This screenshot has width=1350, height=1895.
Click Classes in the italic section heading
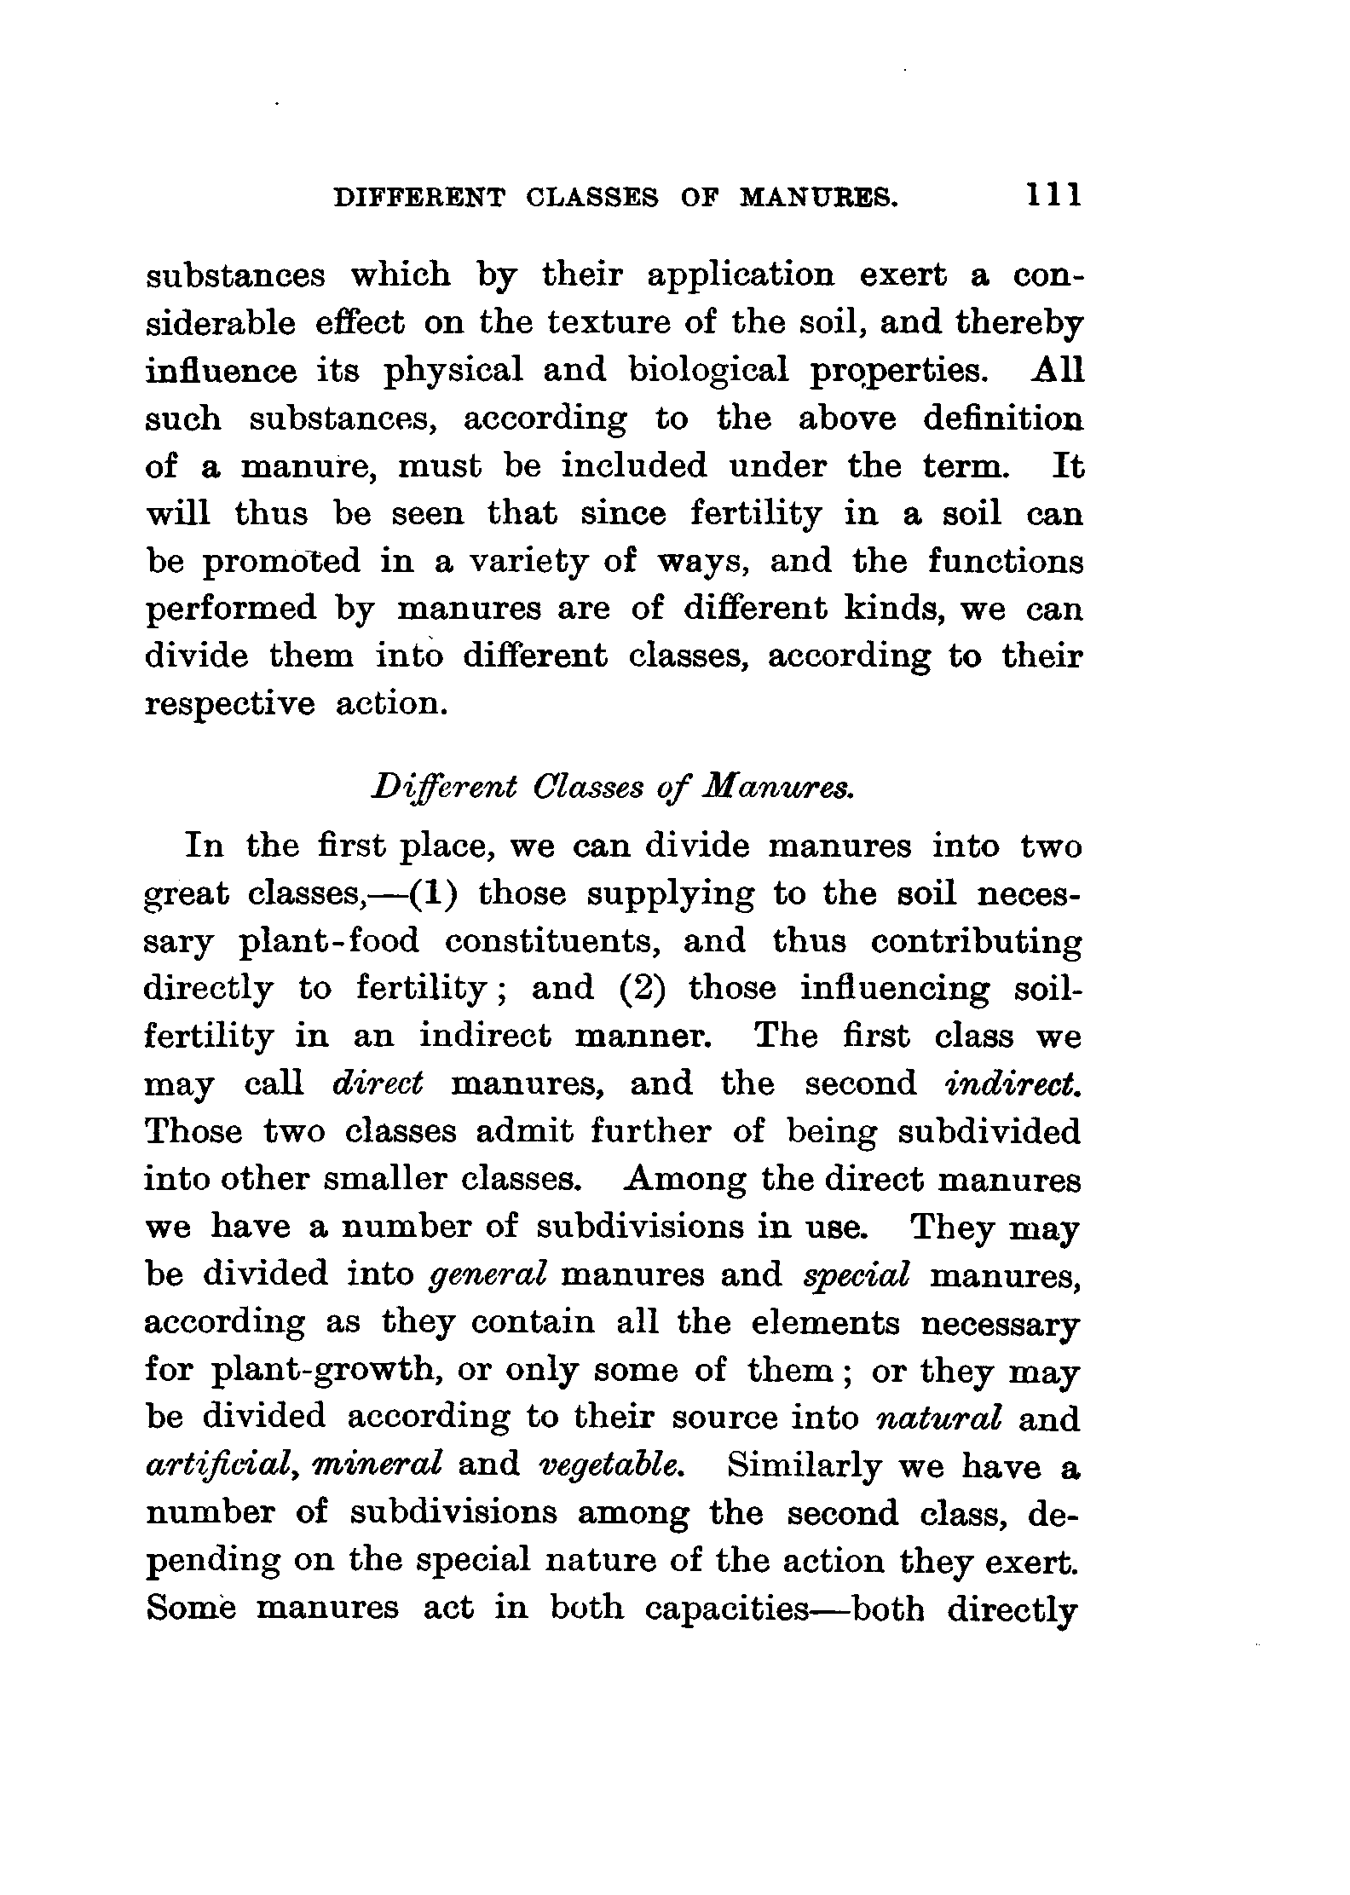[x=586, y=789]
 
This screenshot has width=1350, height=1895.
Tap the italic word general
[x=488, y=1274]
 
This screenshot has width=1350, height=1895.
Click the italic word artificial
[x=221, y=1466]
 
